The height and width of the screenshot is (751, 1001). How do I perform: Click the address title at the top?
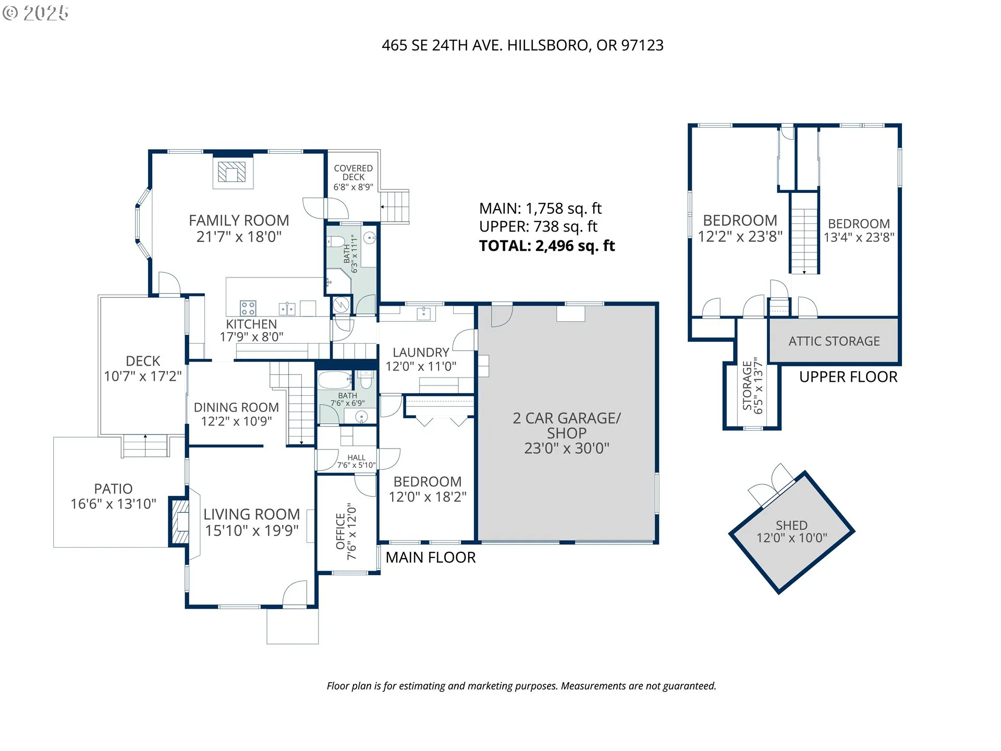(x=522, y=45)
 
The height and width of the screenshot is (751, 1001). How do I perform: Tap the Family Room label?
(x=239, y=228)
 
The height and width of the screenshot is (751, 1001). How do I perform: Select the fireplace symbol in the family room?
(x=231, y=172)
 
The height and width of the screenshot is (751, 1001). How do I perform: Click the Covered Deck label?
(x=353, y=177)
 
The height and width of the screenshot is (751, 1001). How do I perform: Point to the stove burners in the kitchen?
(x=248, y=308)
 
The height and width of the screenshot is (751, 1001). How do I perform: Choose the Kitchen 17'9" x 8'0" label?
(x=251, y=330)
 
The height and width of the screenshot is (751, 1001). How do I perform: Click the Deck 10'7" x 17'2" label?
(x=143, y=368)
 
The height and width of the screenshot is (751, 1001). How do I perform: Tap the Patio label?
(x=113, y=496)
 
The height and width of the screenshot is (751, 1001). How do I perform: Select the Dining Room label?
(x=236, y=414)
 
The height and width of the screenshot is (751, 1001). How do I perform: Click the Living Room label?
(x=252, y=522)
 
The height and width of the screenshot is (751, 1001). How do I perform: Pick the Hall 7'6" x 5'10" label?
(x=356, y=462)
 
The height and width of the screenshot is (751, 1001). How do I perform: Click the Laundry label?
(x=421, y=359)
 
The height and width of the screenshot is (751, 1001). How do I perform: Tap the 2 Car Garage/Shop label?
(x=567, y=433)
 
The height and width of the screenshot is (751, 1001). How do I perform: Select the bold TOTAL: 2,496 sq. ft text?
(x=547, y=246)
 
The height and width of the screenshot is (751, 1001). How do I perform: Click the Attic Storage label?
(x=834, y=341)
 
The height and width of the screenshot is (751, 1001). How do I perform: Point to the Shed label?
(x=791, y=531)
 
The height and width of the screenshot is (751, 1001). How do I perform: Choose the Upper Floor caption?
(x=848, y=377)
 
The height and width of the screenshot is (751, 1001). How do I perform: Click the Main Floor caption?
(x=431, y=558)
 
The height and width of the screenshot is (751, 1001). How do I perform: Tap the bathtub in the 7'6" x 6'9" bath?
(x=335, y=380)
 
